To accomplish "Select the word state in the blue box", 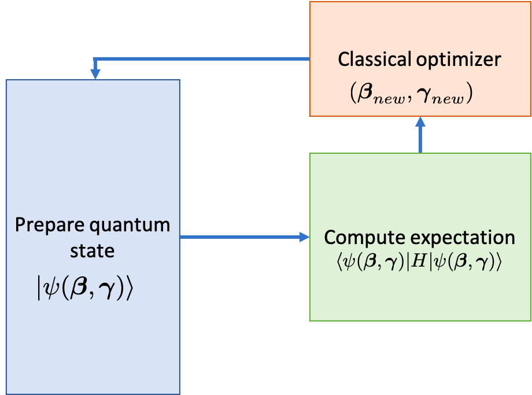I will pos(93,252).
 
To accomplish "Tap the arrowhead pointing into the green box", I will pos(303,237).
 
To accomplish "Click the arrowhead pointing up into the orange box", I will pos(420,121).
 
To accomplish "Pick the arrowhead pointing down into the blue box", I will pos(95,74).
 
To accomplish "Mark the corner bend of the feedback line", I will pos(95,59).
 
